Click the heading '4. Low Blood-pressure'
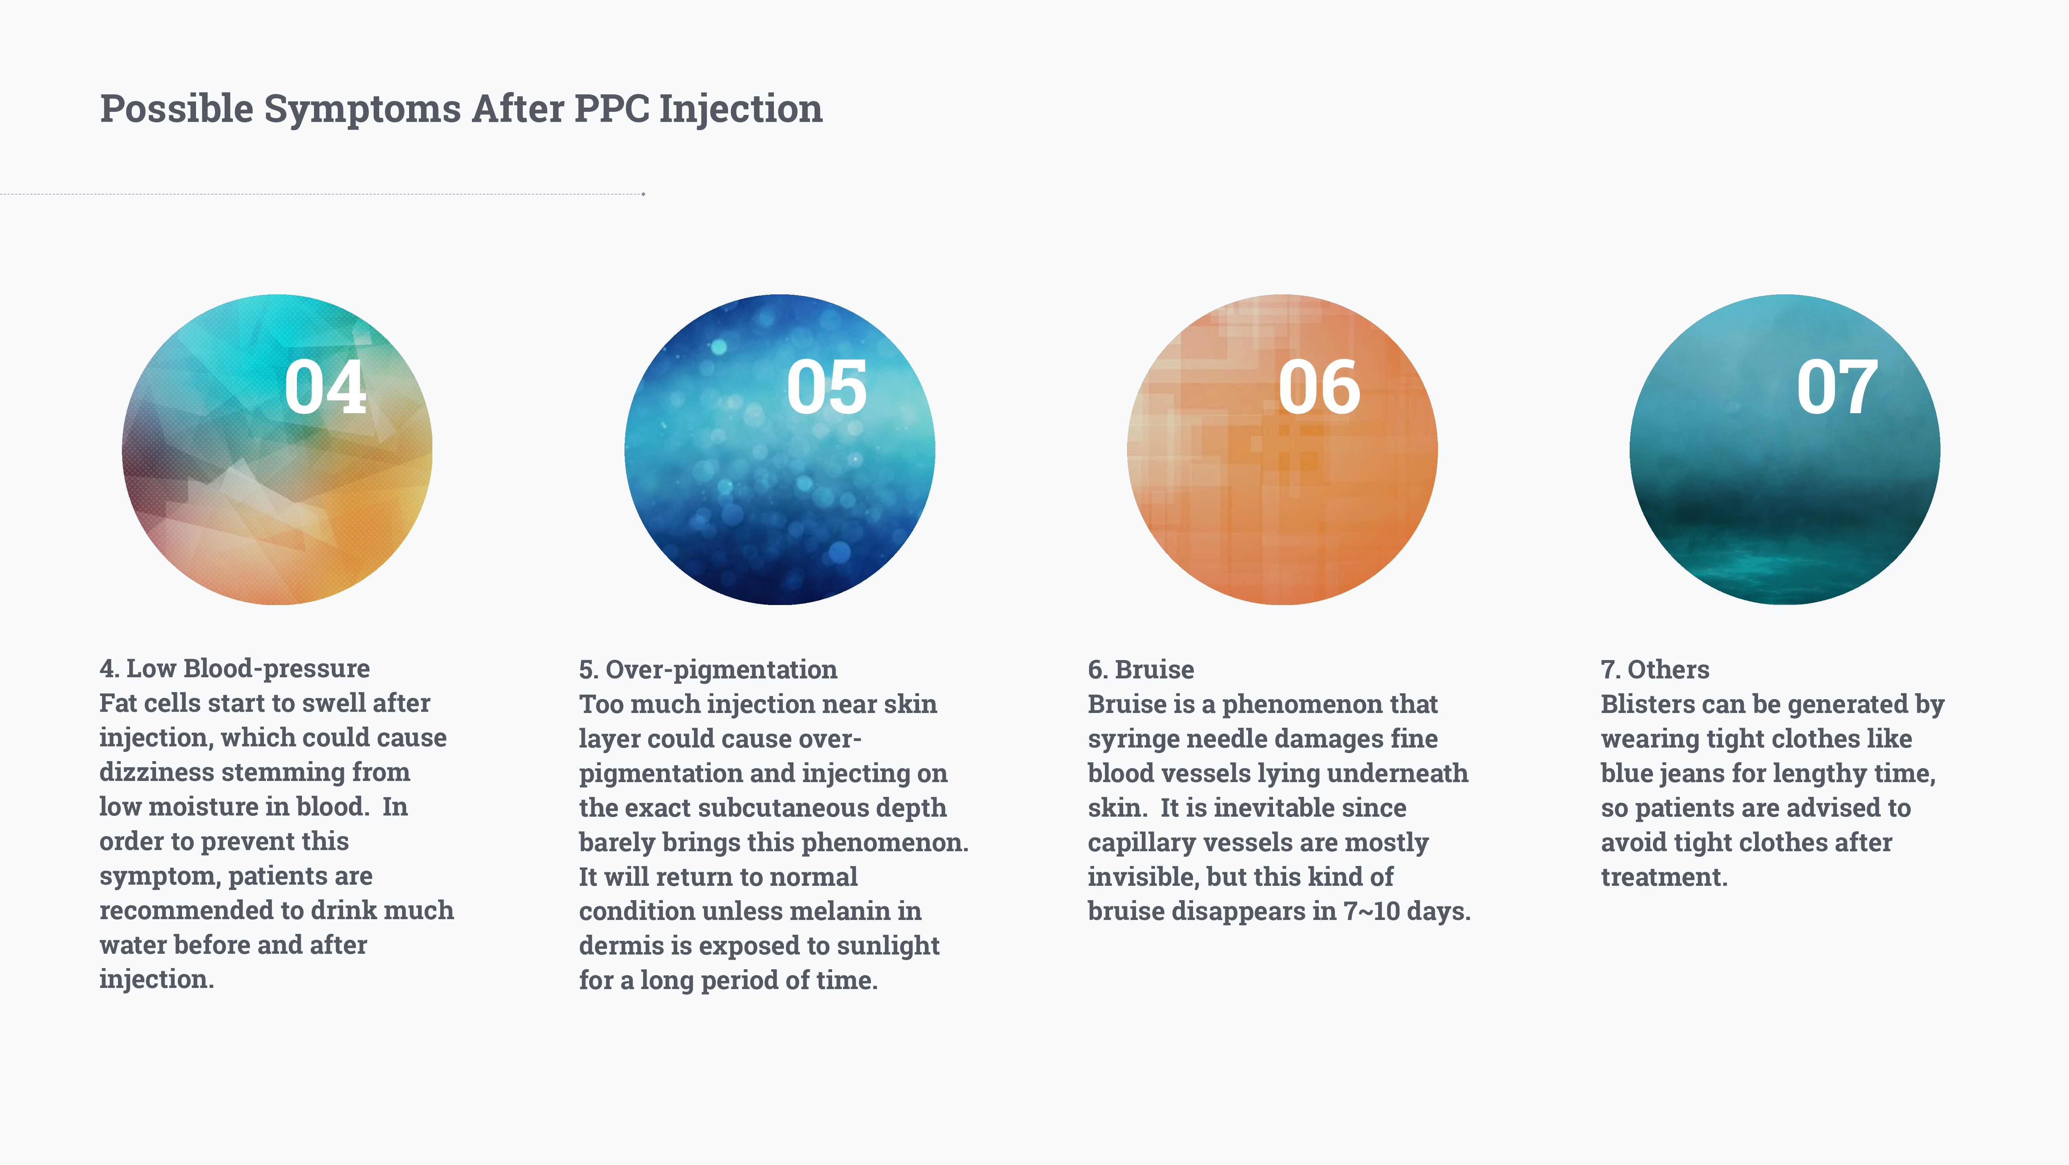234,668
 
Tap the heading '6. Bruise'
1141,669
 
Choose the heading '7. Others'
1655,669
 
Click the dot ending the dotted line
643,194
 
